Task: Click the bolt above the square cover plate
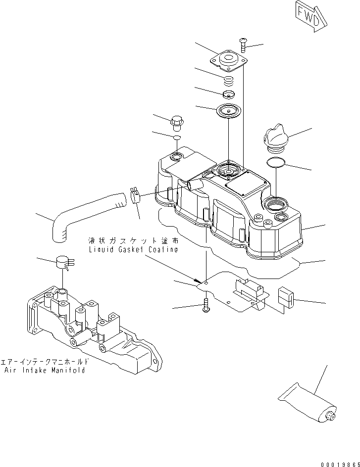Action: point(243,46)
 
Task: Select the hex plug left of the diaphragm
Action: point(176,121)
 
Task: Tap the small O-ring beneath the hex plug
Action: point(177,137)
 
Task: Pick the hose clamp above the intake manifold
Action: point(63,262)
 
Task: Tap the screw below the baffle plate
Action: point(206,307)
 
